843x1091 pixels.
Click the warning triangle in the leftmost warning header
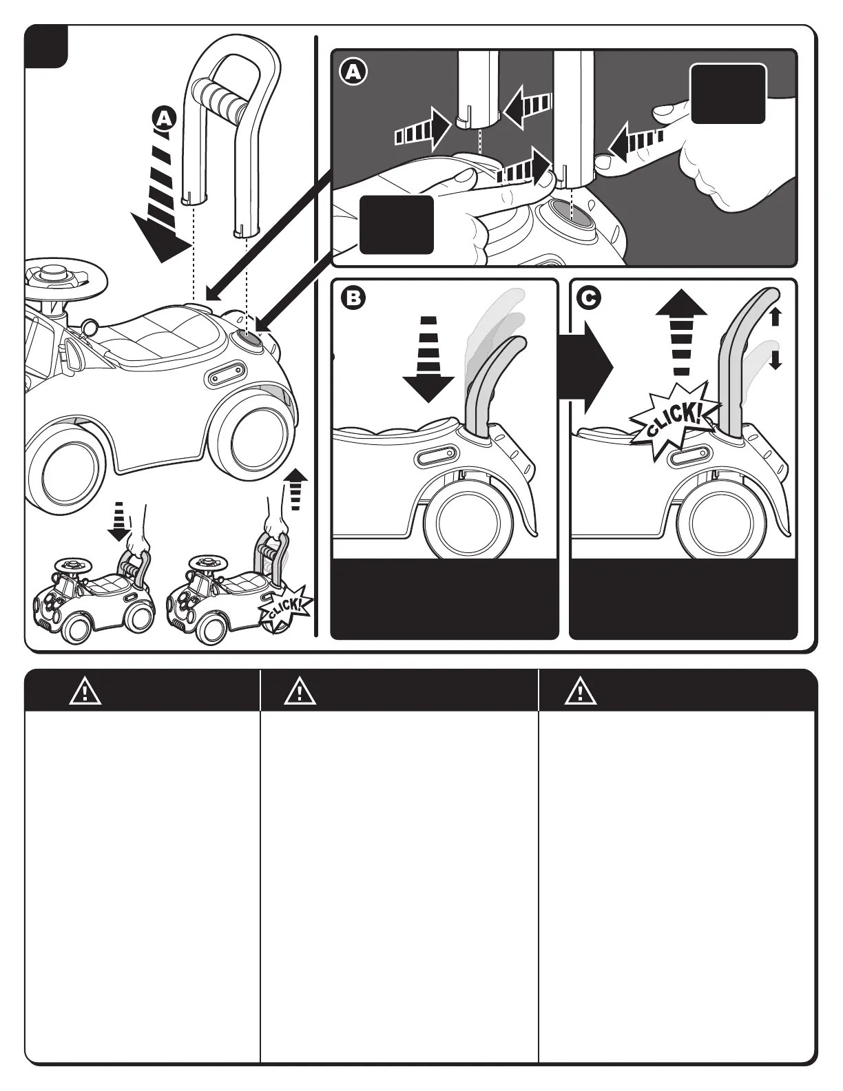85,691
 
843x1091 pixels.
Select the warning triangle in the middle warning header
300,691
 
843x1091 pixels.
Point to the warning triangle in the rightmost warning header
581,691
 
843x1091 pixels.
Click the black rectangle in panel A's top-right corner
728,94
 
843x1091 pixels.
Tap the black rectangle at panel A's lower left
397,225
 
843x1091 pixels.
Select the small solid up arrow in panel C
775,317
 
